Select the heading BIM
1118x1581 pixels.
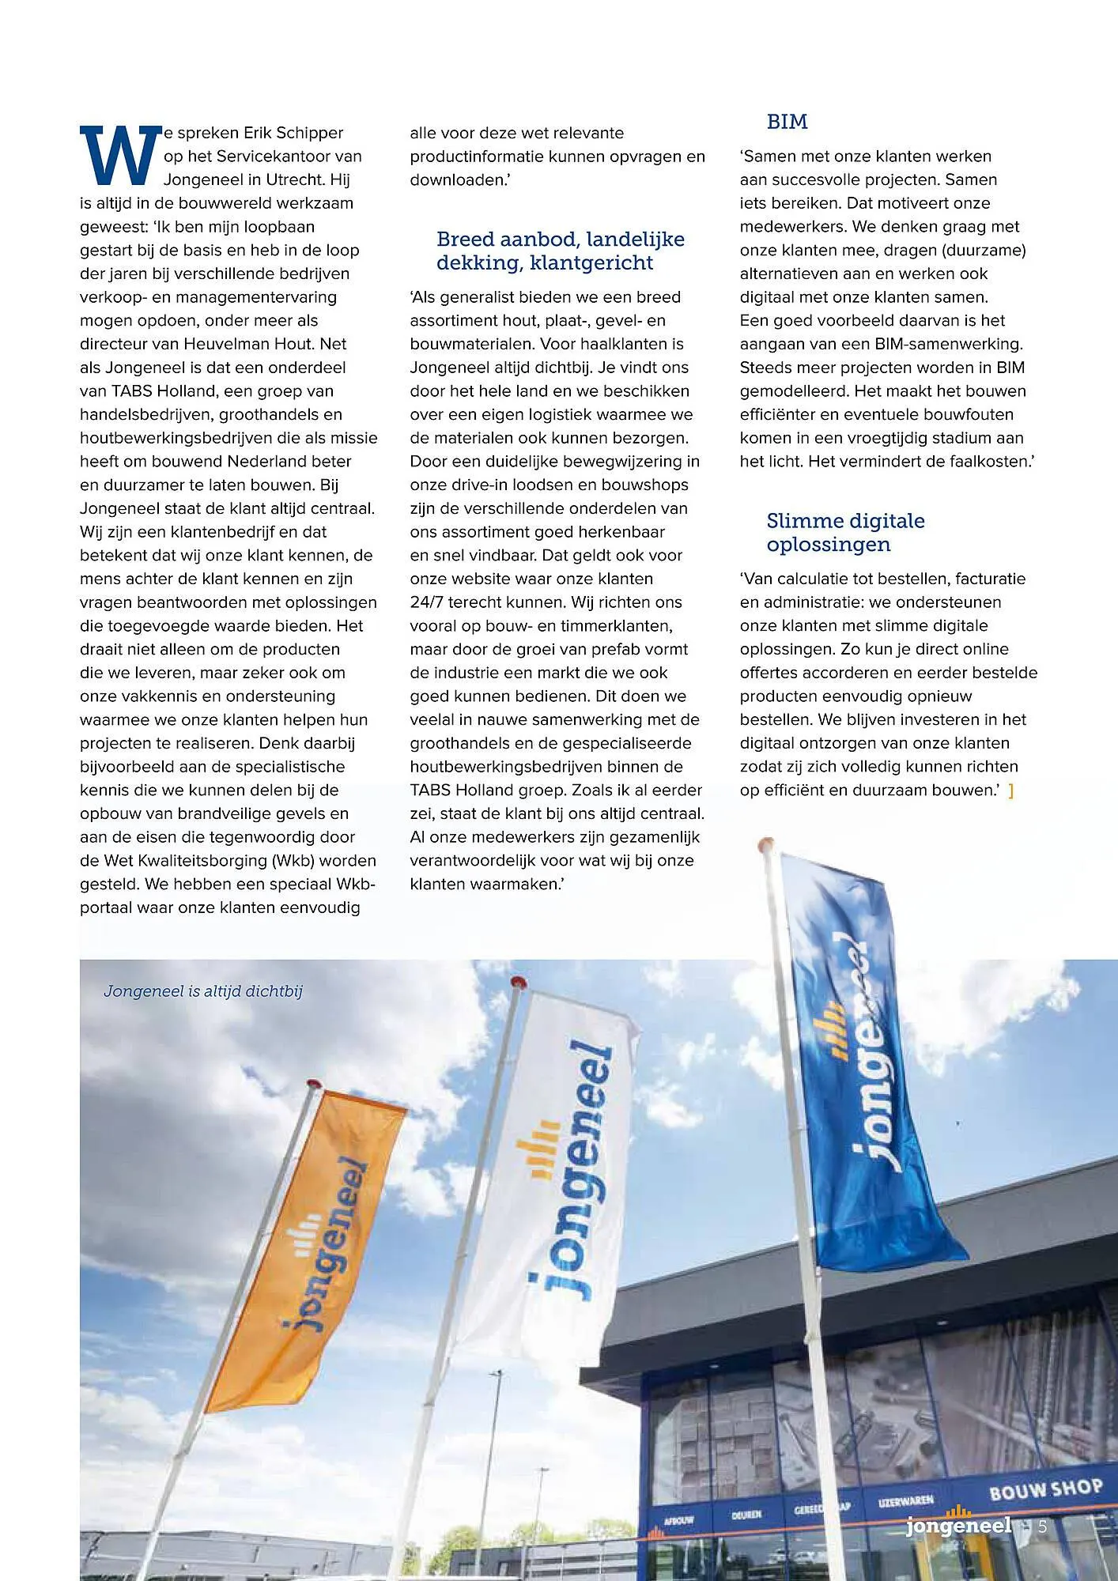(x=787, y=122)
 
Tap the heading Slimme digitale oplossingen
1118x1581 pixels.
(x=844, y=532)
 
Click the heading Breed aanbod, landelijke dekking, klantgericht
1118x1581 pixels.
(x=560, y=251)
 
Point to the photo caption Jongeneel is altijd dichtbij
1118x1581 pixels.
(x=203, y=991)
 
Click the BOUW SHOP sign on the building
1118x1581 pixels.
(x=1044, y=1489)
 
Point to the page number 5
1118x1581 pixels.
(x=1042, y=1526)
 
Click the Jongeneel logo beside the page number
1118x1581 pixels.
(x=958, y=1525)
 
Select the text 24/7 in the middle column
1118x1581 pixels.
(x=427, y=602)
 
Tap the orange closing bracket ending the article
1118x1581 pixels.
(x=1011, y=790)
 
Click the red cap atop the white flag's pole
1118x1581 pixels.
(x=518, y=982)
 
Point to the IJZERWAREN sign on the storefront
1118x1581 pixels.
(x=905, y=1500)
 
